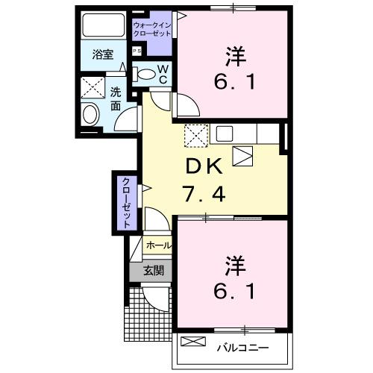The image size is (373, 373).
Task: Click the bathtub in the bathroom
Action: tap(104, 26)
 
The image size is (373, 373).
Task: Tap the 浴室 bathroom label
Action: tap(103, 54)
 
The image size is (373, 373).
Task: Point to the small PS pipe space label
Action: tap(137, 51)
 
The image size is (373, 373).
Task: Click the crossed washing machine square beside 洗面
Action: tap(94, 87)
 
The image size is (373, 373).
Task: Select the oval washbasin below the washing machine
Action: tap(90, 115)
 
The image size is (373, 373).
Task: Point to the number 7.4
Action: tap(201, 195)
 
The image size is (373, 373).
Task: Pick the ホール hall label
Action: tap(157, 245)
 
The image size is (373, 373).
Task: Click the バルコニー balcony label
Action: tap(242, 346)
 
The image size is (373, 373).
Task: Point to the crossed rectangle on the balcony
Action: tap(192, 342)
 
